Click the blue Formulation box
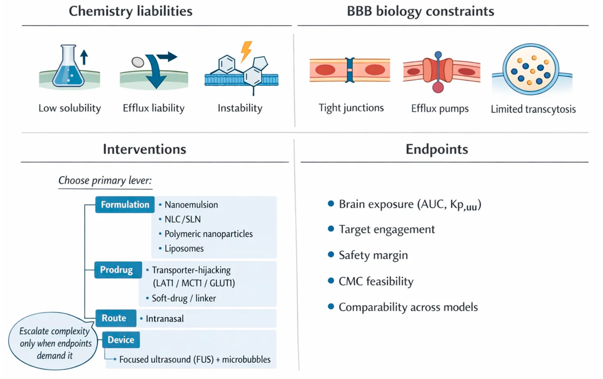125,205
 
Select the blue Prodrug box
118,270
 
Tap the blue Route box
116,318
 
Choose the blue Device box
121,340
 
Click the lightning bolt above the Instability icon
246,51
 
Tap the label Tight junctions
351,108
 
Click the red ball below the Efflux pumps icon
438,88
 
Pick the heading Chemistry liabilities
130,11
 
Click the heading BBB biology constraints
420,11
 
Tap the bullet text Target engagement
387,229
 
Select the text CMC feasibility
376,281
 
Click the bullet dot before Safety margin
331,255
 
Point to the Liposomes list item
184,249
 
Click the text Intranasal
164,319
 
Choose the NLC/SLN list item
183,220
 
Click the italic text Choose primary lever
105,180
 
